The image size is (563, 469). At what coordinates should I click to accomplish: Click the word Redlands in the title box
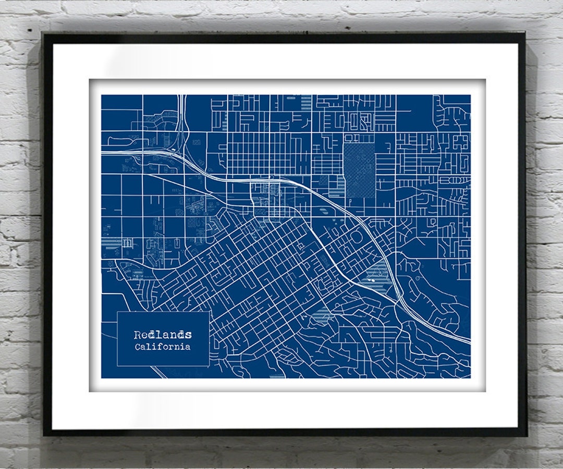pyautogui.click(x=163, y=335)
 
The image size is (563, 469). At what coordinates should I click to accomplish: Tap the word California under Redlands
pyautogui.click(x=163, y=347)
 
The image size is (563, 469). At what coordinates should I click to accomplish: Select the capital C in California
pyautogui.click(x=137, y=347)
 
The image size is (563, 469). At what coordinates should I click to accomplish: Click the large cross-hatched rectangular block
pyautogui.click(x=359, y=170)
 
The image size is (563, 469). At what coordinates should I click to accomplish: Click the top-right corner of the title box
pyautogui.click(x=209, y=312)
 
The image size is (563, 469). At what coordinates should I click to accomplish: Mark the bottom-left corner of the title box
pyautogui.click(x=117, y=365)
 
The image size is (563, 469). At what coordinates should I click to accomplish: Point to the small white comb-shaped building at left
pyautogui.click(x=127, y=243)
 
